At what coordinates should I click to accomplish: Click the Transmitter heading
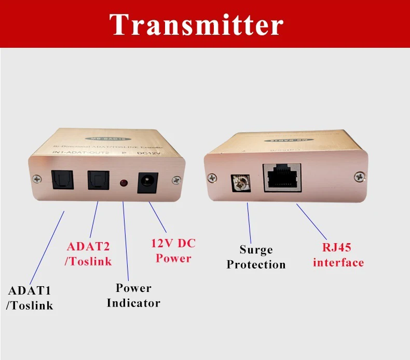coord(197,24)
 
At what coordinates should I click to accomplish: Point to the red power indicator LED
coord(124,183)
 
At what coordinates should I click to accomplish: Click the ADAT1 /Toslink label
coord(30,298)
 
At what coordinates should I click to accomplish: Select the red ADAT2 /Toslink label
coord(88,254)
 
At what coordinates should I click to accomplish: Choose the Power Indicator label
coord(133,295)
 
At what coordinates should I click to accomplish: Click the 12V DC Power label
coord(173,250)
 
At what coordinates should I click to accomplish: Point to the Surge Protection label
coord(256,257)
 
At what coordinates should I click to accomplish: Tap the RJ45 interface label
coord(338,255)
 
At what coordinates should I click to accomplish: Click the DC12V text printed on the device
coord(146,153)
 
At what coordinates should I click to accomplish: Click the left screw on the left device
coord(36,179)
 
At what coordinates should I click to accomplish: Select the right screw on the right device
coord(357,177)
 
